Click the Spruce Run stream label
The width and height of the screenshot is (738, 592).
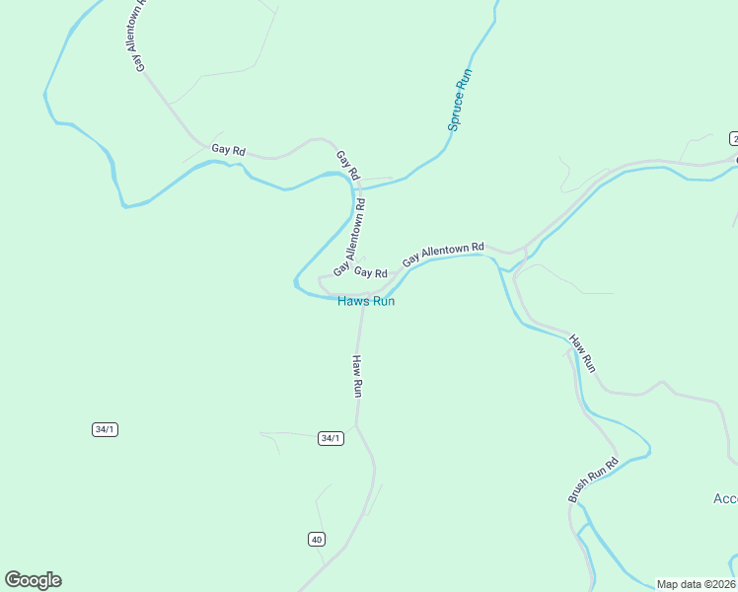[461, 100]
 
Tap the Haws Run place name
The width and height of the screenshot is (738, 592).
[366, 301]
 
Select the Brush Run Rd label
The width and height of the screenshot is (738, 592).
[593, 480]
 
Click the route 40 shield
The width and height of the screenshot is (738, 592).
[316, 539]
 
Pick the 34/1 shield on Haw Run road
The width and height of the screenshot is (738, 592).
[331, 438]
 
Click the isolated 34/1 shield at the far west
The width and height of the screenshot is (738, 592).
[105, 429]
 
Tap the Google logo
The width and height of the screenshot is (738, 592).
[33, 580]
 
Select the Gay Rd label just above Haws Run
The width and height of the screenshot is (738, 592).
[370, 272]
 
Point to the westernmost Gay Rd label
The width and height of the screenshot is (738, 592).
[228, 150]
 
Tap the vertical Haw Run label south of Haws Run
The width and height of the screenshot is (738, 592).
[358, 375]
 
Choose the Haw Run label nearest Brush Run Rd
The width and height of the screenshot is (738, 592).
[582, 353]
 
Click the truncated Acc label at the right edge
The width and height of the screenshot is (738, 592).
[724, 498]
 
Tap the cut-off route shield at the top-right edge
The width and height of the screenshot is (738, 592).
[733, 137]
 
